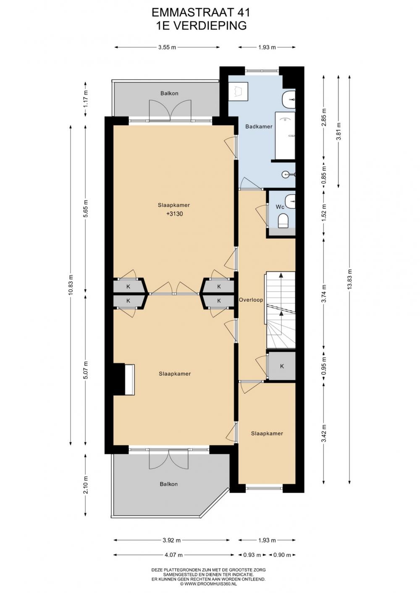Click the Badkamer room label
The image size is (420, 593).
tap(259, 127)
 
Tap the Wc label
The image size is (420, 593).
tap(280, 206)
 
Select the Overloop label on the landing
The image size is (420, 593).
tap(251, 300)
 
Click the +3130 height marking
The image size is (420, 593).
tap(175, 214)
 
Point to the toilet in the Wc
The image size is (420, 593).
tap(283, 221)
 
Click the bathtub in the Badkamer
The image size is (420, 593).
tap(285, 136)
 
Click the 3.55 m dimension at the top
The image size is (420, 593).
tap(167, 47)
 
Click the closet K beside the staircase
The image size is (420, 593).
tap(282, 366)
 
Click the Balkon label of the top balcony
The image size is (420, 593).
tap(169, 94)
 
